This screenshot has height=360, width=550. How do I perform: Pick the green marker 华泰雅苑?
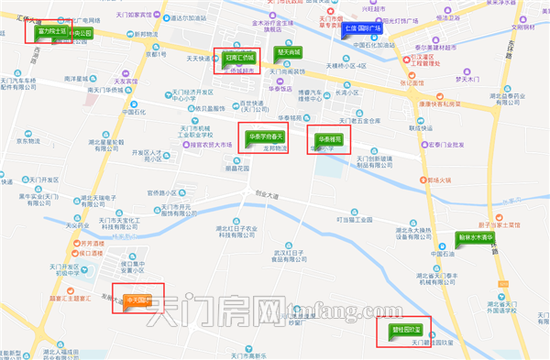(325, 139)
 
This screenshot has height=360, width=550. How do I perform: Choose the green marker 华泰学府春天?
(261, 137)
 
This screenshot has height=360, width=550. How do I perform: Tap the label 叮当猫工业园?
(354, 220)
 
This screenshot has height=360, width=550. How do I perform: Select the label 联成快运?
(420, 126)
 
